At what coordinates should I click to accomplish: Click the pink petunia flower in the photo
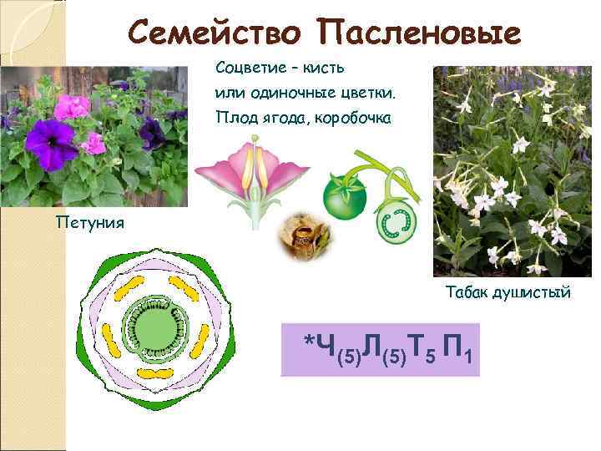click(x=73, y=106)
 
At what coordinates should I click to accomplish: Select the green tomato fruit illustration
click(x=344, y=198)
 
